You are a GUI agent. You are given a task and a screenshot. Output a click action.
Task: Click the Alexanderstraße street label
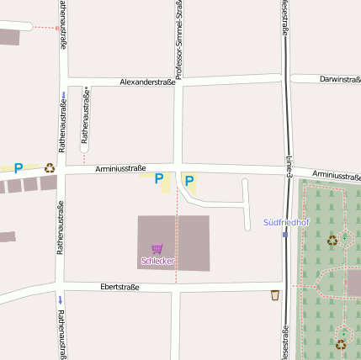(x=147, y=82)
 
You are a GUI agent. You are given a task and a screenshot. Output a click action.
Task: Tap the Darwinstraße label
(x=340, y=79)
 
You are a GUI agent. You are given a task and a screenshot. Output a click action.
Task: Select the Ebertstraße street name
(x=119, y=287)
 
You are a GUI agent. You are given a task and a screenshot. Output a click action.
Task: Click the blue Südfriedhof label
(x=286, y=223)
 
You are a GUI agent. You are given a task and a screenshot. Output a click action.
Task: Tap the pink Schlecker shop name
(x=157, y=261)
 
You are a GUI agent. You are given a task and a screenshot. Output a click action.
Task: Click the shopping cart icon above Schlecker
(x=157, y=249)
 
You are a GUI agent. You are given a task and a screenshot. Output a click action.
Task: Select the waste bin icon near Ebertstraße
(x=275, y=295)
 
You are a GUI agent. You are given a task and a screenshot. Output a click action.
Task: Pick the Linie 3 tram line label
(x=288, y=168)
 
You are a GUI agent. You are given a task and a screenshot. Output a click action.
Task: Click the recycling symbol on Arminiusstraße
(x=50, y=168)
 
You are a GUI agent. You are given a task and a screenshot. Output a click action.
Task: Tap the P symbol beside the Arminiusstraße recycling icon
(x=18, y=168)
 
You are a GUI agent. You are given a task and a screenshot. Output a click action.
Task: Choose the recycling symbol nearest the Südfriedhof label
(x=332, y=241)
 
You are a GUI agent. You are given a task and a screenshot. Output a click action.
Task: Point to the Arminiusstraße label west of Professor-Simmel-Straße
(x=120, y=168)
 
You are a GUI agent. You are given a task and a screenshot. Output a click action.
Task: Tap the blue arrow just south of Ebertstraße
(x=60, y=299)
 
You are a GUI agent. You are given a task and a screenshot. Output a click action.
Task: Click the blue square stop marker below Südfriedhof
(x=285, y=235)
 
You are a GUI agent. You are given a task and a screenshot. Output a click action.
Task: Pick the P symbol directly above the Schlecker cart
(x=158, y=179)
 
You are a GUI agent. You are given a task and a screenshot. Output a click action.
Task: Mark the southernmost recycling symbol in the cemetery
(x=341, y=344)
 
